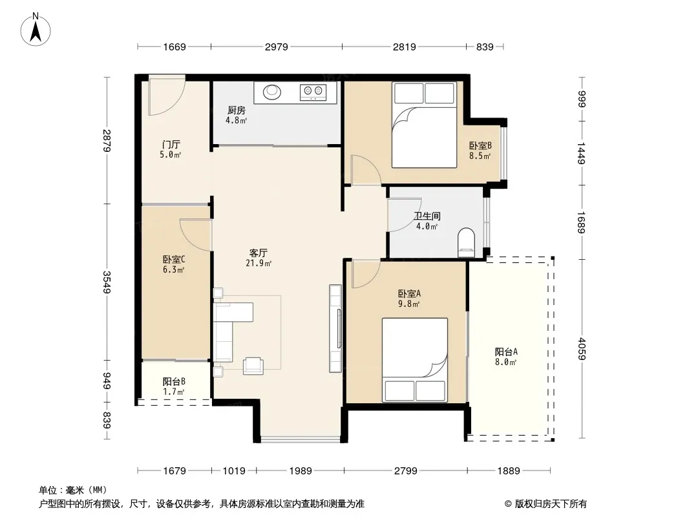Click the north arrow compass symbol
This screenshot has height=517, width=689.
36,30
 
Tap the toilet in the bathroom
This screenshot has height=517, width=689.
466,242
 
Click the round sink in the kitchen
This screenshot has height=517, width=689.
272,92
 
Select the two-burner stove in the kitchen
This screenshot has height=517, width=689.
313,92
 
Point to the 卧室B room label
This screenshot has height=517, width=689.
480,145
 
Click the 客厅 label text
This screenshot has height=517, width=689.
259,253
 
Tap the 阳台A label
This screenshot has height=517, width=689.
506,352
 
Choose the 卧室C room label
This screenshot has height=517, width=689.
174,260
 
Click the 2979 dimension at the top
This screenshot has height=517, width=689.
277,47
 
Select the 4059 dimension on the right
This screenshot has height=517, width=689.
582,349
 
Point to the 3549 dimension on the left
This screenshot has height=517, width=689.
107,282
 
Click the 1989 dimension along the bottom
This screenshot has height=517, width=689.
301,471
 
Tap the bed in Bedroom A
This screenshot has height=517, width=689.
415,360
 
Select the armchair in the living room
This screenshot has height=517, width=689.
253,366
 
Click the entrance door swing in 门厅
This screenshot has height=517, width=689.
166,96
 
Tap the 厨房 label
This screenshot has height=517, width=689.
237,111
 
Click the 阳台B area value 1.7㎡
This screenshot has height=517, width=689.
174,392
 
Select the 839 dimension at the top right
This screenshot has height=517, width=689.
485,47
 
